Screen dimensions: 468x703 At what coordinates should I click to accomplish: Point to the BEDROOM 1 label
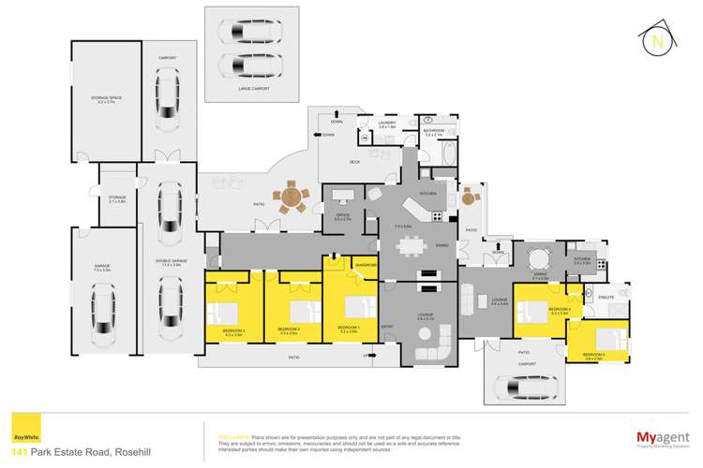[348, 327]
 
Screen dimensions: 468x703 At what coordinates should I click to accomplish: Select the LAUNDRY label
[388, 123]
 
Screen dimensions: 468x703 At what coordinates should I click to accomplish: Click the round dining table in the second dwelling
[540, 259]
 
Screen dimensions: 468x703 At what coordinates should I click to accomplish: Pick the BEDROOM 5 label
[593, 355]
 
